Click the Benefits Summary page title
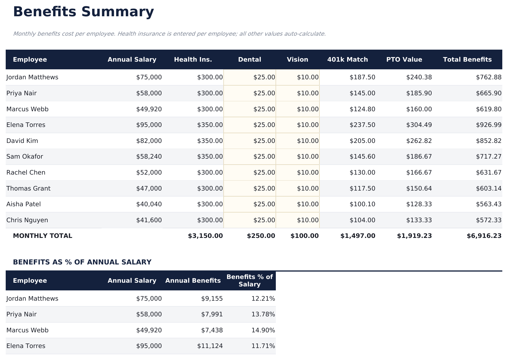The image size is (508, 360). tap(83, 12)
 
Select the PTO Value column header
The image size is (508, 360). tap(404, 60)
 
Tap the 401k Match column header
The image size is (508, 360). tap(347, 60)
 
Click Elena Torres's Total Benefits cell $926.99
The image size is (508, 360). tap(488, 125)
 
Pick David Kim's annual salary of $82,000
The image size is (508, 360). tap(149, 141)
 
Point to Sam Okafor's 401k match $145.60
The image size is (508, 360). tap(362, 157)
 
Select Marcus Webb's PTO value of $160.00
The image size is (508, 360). tap(419, 109)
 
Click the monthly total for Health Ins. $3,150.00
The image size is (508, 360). tap(205, 236)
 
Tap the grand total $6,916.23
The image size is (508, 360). tap(484, 236)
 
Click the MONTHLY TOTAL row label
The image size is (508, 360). tap(42, 236)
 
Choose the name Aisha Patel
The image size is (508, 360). tap(23, 204)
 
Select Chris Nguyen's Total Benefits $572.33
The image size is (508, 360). tap(488, 220)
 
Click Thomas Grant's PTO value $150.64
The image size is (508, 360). tap(419, 189)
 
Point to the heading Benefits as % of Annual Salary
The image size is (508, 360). tap(82, 262)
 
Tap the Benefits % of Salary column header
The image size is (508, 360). tap(249, 281)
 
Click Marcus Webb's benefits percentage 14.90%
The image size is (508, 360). tap(263, 330)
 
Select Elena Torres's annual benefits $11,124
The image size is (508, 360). tap(210, 346)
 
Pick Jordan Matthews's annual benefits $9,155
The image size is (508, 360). tap(212, 299)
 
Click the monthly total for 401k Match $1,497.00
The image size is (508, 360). tap(358, 236)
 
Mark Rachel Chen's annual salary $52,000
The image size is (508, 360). tap(149, 173)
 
